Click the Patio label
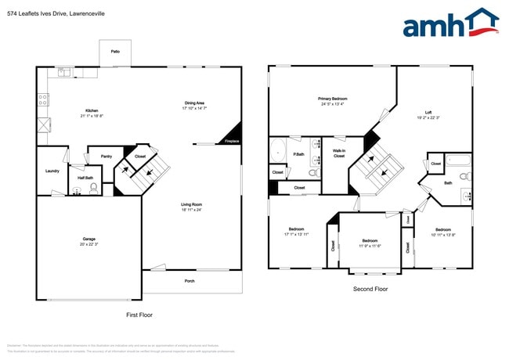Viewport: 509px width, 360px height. (x=115, y=51)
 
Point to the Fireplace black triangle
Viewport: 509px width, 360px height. (x=233, y=135)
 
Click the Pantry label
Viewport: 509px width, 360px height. (x=106, y=157)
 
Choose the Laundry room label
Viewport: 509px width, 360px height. (x=52, y=171)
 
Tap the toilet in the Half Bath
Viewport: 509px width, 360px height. (x=95, y=187)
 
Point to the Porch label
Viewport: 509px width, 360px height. (x=190, y=281)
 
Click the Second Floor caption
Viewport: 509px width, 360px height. (x=370, y=289)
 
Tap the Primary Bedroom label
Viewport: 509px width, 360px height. (x=332, y=99)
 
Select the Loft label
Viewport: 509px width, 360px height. (x=428, y=112)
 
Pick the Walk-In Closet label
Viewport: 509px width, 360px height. (x=339, y=153)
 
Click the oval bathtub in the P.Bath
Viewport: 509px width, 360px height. (x=278, y=149)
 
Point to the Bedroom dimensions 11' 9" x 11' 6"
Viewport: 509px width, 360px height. (x=370, y=246)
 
